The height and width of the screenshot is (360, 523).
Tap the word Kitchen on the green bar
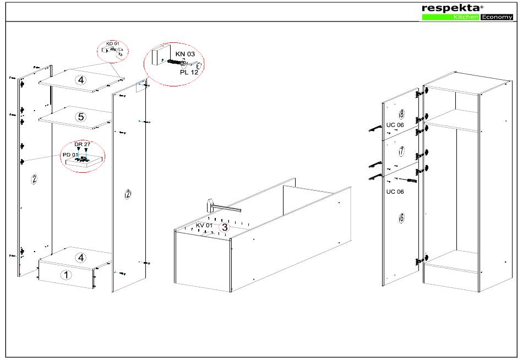(x=466, y=17)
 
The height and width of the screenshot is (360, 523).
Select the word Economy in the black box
(x=497, y=17)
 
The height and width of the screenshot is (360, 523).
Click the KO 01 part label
(x=112, y=43)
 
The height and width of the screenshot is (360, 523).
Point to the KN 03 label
(x=185, y=54)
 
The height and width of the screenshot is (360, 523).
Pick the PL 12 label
(x=189, y=72)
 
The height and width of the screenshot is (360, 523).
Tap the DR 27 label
(x=83, y=144)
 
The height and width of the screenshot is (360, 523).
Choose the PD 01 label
(x=70, y=155)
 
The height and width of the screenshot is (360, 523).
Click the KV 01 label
(x=204, y=225)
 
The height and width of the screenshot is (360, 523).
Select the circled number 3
(x=225, y=227)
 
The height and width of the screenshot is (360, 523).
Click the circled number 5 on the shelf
(x=81, y=117)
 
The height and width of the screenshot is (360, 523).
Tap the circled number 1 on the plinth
(x=66, y=275)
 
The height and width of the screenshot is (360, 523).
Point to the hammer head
(x=210, y=205)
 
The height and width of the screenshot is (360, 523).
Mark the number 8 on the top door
(x=401, y=114)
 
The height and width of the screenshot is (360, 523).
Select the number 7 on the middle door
(x=401, y=151)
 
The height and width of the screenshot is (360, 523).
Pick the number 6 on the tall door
(x=401, y=218)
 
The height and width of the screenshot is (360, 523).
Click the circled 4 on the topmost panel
(x=81, y=80)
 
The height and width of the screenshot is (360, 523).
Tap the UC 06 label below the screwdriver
(x=395, y=192)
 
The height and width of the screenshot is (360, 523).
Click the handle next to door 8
(x=375, y=128)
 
